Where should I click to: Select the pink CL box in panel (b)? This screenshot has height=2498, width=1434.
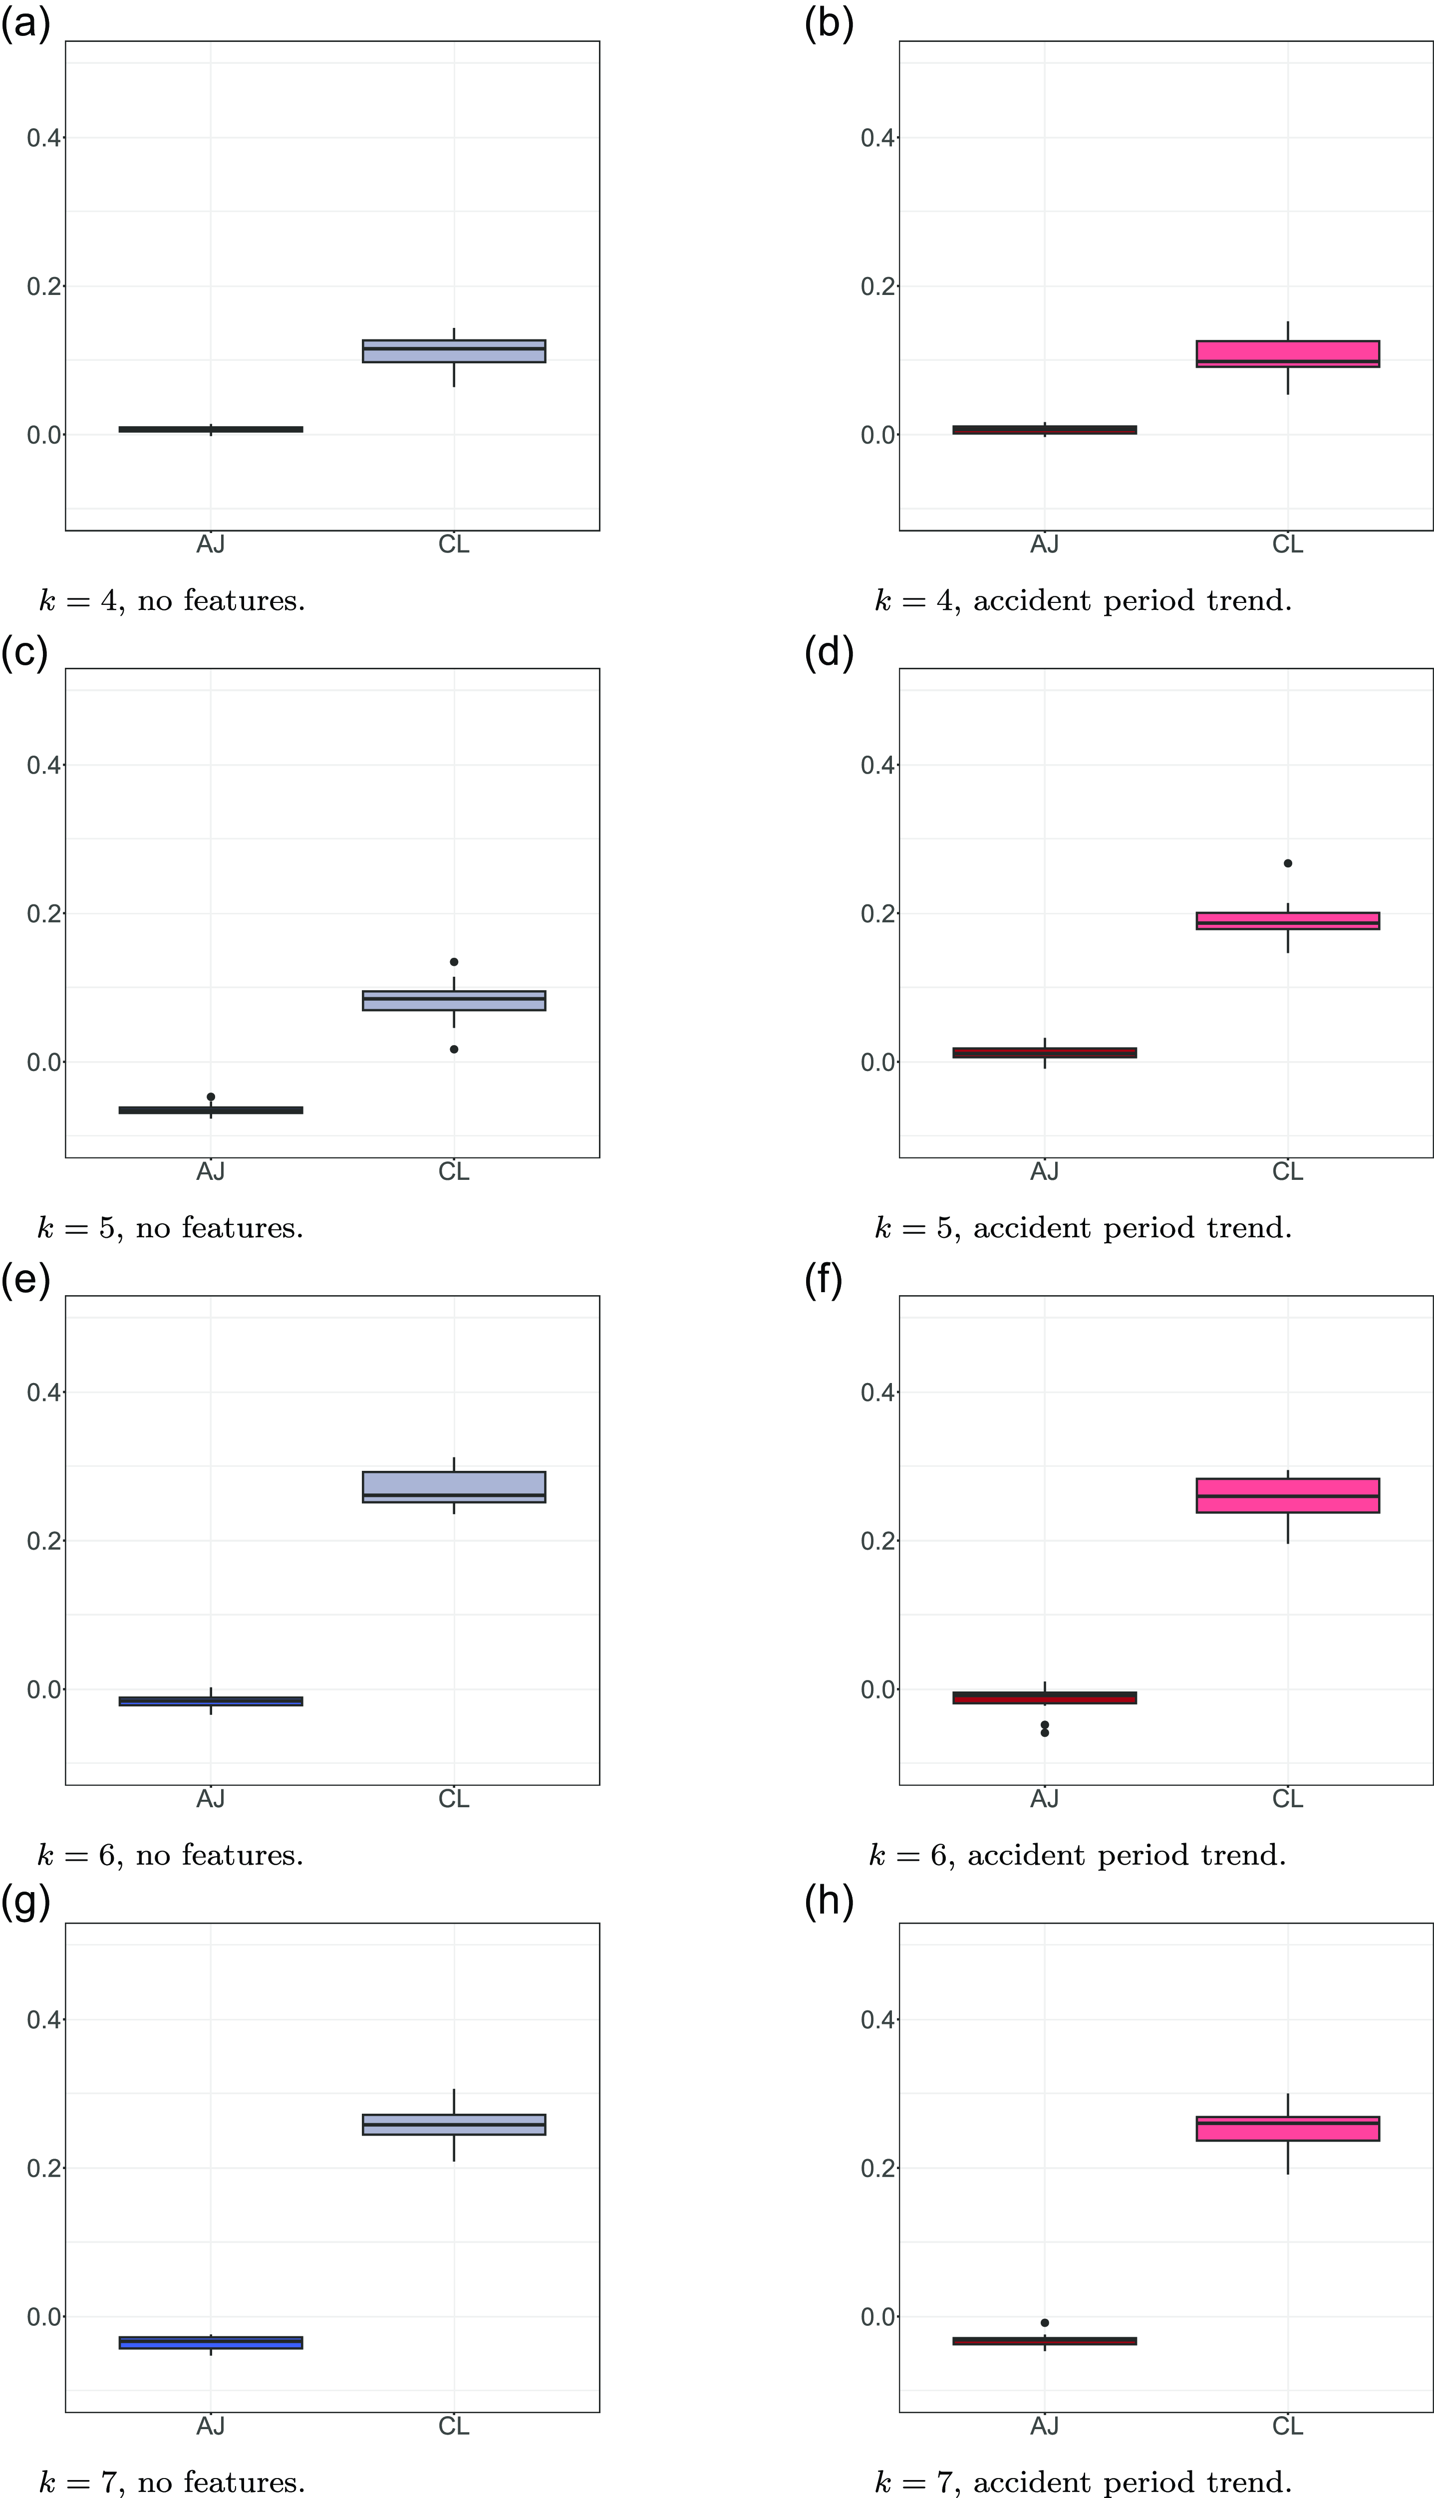click(x=1287, y=353)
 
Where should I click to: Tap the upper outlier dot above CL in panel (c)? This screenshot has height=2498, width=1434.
click(x=454, y=962)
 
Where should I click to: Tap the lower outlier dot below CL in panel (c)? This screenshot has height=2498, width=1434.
click(x=454, y=1050)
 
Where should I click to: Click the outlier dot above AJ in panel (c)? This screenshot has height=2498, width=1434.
click(x=211, y=1097)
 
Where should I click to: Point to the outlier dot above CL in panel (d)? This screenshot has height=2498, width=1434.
click(x=1287, y=863)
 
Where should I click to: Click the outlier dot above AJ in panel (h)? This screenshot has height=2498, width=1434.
click(x=1045, y=2323)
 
